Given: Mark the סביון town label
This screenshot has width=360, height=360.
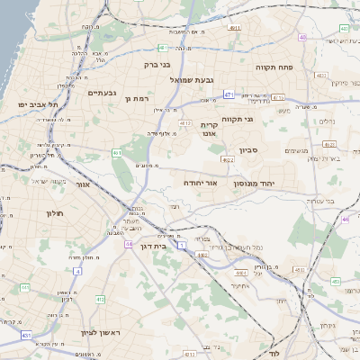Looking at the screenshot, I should point(249,150).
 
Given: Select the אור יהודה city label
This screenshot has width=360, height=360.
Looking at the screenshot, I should point(200,182).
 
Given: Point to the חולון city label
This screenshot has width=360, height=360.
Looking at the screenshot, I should point(54,213).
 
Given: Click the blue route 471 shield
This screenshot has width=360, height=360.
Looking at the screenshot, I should point(229,94).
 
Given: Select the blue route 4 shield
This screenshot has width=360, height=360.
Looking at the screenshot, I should point(78,270).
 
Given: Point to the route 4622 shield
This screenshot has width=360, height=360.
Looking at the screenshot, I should point(228,159).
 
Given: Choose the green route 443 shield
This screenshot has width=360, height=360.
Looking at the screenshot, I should point(335,281).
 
